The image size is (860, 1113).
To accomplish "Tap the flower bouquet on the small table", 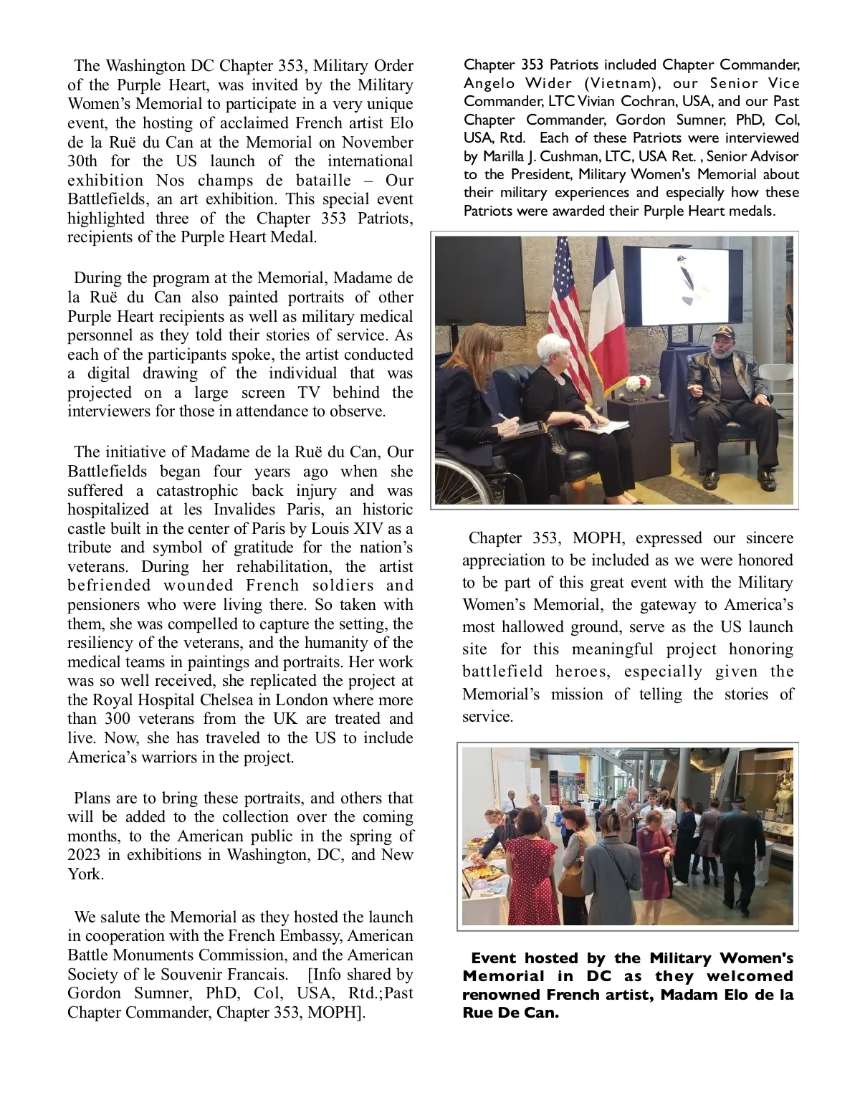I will point(637,387).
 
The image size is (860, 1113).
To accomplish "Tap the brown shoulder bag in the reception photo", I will point(571,881).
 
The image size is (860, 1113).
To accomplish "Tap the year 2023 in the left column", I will point(85,855).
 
